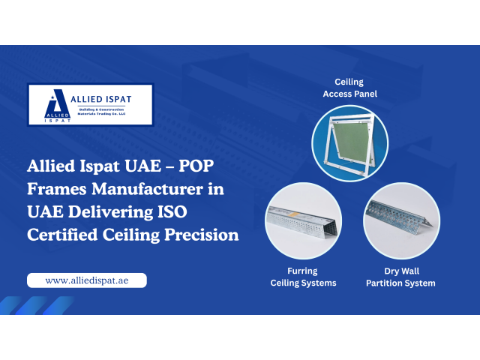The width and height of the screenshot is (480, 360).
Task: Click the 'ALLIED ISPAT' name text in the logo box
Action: (x=101, y=99)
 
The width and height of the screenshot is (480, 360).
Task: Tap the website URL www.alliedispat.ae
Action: (x=87, y=280)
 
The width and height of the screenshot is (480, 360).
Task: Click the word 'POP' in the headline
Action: (x=196, y=166)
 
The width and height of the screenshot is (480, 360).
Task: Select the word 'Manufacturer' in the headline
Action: (x=147, y=189)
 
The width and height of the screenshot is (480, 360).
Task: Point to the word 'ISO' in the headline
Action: (x=172, y=211)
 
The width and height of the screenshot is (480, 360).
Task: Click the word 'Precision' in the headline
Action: (x=202, y=235)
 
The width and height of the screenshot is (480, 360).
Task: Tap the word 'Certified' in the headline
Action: (x=62, y=235)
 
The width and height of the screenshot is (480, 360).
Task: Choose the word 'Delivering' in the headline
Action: (x=110, y=212)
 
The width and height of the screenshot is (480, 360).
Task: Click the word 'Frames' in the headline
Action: (x=57, y=189)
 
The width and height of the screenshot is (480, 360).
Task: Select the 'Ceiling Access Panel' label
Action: (x=350, y=88)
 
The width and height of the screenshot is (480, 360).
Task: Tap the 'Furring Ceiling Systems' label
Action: (x=303, y=277)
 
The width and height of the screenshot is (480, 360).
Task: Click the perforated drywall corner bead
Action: (x=400, y=215)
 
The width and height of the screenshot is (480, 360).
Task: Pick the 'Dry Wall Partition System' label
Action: (x=400, y=277)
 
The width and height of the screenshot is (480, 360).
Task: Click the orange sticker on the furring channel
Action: (x=293, y=214)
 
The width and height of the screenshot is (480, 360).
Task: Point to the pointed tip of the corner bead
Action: (x=433, y=226)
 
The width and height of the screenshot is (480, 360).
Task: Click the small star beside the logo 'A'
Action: (x=52, y=97)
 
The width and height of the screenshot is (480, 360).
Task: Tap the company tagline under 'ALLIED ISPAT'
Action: (x=101, y=112)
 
